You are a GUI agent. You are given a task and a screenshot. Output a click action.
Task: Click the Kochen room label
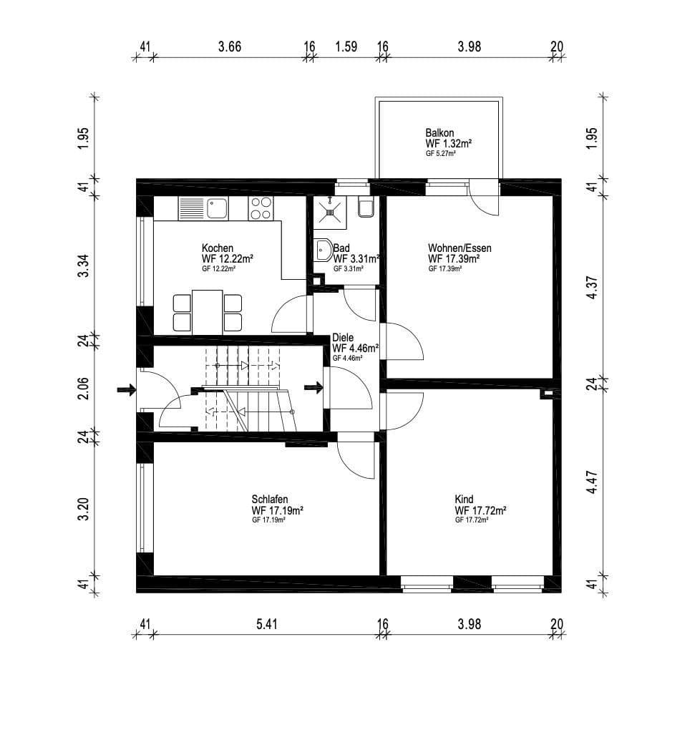coord(217,248)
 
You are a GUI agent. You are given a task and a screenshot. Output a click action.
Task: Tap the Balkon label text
coord(439,133)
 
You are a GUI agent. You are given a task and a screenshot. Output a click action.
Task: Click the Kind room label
coord(464,500)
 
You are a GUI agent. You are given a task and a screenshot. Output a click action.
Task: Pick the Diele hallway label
coord(344,338)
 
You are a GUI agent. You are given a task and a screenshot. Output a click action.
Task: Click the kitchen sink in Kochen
coord(217,208)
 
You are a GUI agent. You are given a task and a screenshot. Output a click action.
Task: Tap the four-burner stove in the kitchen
coord(261,208)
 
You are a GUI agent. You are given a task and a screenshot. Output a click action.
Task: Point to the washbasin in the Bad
coord(323,250)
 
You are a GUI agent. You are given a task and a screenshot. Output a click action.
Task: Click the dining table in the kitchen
coord(207,311)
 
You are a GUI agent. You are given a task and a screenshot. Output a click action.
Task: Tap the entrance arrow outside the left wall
coord(127,390)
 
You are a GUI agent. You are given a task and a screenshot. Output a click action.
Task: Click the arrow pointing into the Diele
coord(313,388)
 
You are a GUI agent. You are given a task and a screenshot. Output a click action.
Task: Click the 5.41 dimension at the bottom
coord(266,623)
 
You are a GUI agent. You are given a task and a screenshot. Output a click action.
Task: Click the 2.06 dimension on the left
coord(84,388)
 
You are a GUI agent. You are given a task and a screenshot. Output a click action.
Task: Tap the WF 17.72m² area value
coord(480,510)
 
